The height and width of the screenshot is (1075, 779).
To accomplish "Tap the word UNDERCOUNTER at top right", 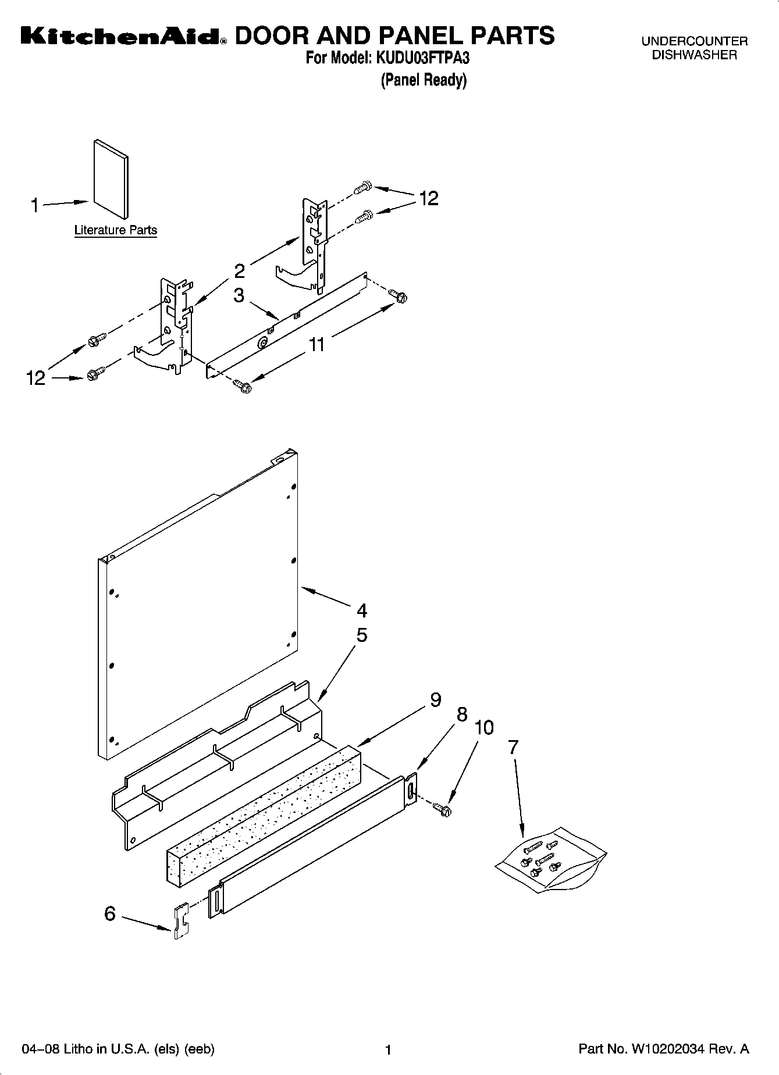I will point(694,41).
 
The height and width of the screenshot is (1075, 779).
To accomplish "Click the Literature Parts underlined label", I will point(115,230).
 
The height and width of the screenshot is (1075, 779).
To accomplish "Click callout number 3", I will point(239,295).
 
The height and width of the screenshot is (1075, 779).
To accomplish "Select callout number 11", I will point(316,344).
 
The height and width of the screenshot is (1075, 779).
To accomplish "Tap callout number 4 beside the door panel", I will point(362,610).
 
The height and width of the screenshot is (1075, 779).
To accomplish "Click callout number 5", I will point(362,635).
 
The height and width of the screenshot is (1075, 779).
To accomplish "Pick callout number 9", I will point(435,700).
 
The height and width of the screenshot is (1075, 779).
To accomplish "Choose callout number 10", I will point(484,727).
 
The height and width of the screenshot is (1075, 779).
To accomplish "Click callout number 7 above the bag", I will point(513,748).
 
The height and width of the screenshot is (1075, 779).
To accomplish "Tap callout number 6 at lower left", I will point(110,914).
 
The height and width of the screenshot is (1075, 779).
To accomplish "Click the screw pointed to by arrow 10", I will point(443,808).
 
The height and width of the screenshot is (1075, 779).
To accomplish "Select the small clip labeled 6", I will point(182,920).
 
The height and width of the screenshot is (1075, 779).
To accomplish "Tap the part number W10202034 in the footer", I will point(667,1049).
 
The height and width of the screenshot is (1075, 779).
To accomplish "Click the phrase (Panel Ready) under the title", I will point(424,80).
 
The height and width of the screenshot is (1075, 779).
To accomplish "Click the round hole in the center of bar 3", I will point(262,344).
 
